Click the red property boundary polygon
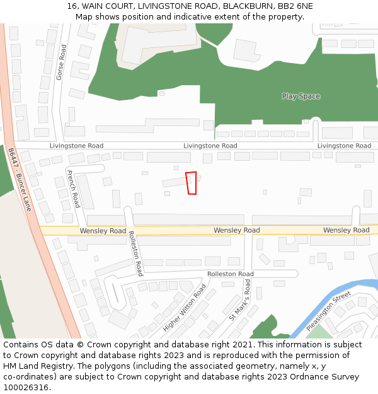pos(192,183)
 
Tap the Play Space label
pos(301,96)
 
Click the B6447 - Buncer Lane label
pos(20,180)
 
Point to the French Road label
pos(73,188)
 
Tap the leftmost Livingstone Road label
pos(76,146)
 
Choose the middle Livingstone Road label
pos(210,146)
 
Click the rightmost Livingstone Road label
pos(344,146)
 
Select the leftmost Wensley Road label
pos(103,231)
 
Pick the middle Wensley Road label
pos(236,230)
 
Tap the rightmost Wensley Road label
pos(346,230)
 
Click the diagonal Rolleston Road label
pos(135,253)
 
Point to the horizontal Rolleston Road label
pos(231,274)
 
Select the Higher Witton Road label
pos(185,308)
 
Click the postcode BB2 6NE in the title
pos(295,6)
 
